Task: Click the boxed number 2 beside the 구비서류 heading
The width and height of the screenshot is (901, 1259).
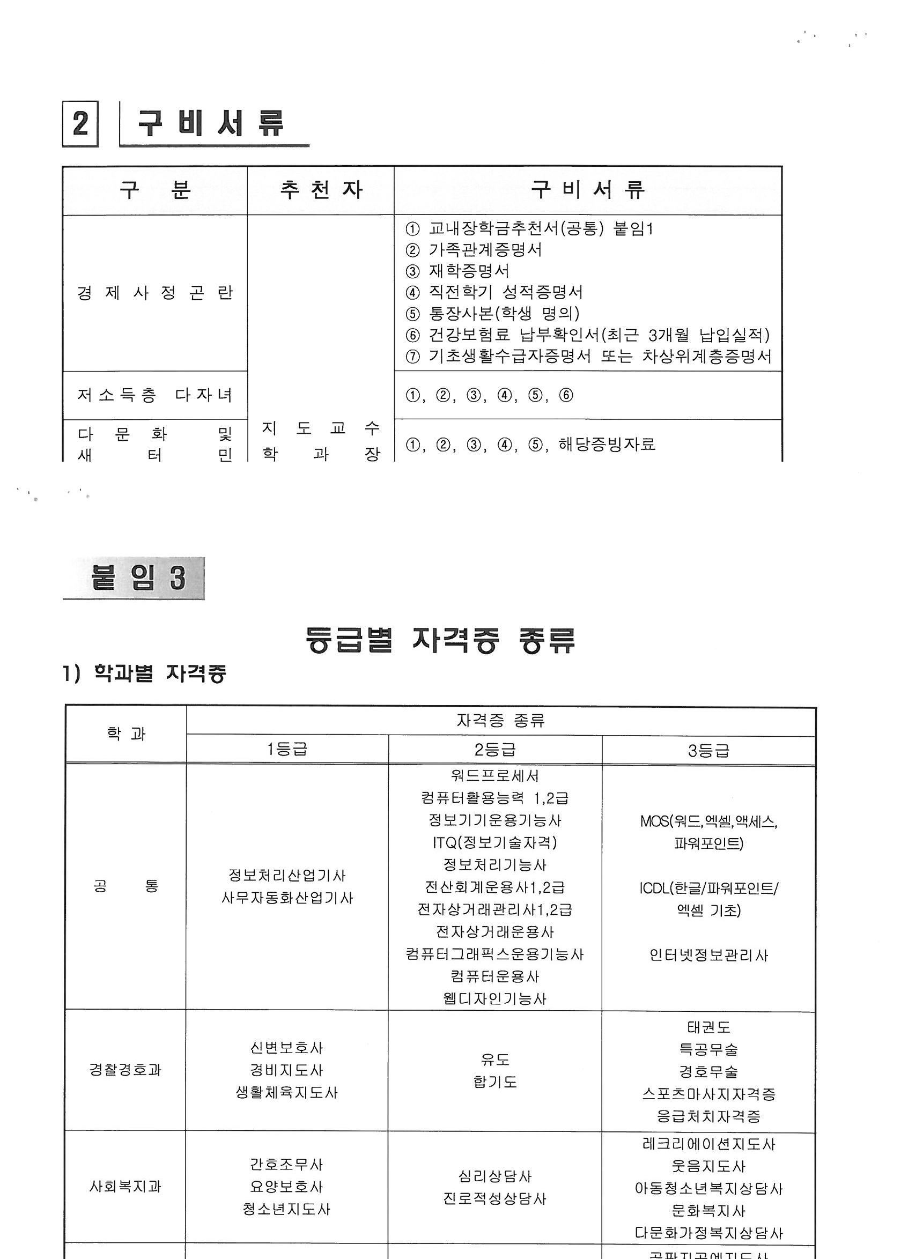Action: click(80, 124)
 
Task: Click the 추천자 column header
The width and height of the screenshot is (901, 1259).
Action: click(321, 190)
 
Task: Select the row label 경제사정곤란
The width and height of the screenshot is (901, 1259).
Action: click(155, 293)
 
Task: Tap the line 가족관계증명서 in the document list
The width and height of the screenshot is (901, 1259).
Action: click(485, 250)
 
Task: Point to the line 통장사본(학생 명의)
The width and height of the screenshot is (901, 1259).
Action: click(504, 314)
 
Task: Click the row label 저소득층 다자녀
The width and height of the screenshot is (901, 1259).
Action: click(155, 395)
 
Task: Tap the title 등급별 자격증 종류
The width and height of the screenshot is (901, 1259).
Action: click(440, 641)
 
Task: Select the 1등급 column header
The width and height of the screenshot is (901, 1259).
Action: click(287, 750)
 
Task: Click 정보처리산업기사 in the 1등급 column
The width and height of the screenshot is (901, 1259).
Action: click(287, 875)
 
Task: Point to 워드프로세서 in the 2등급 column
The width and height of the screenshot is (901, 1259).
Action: click(495, 775)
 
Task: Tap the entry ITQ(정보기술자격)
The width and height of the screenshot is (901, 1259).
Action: click(495, 842)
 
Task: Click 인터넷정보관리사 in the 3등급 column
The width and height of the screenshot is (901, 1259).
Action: click(708, 955)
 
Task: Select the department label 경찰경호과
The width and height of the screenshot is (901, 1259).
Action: click(125, 1070)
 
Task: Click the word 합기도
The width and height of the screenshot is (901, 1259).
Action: click(495, 1082)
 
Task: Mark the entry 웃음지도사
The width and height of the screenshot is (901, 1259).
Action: click(708, 1166)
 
